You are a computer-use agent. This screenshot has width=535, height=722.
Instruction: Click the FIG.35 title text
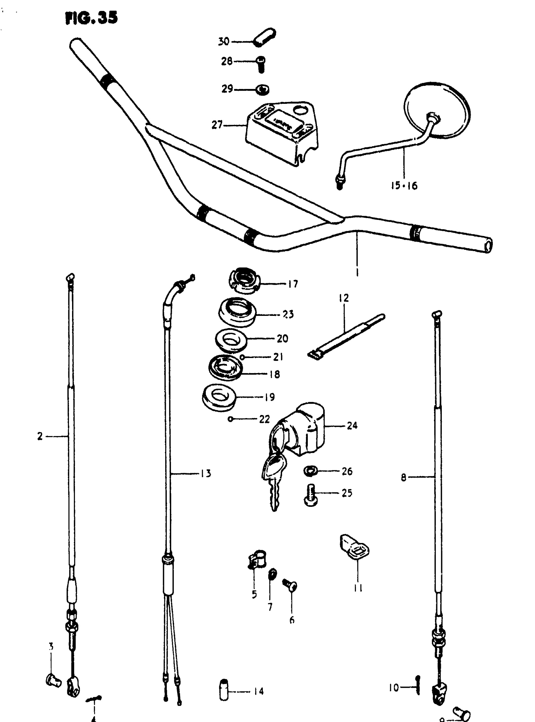tap(91, 18)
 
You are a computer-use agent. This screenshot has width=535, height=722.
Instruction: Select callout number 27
tap(217, 125)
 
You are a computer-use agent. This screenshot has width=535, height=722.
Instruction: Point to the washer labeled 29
tap(262, 90)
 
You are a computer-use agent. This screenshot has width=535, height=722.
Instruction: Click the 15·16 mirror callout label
tap(404, 186)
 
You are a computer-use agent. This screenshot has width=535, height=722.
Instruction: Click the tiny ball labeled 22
tap(231, 419)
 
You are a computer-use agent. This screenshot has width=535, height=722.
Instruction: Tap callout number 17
tap(293, 284)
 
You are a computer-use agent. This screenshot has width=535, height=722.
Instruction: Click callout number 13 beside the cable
tap(206, 473)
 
